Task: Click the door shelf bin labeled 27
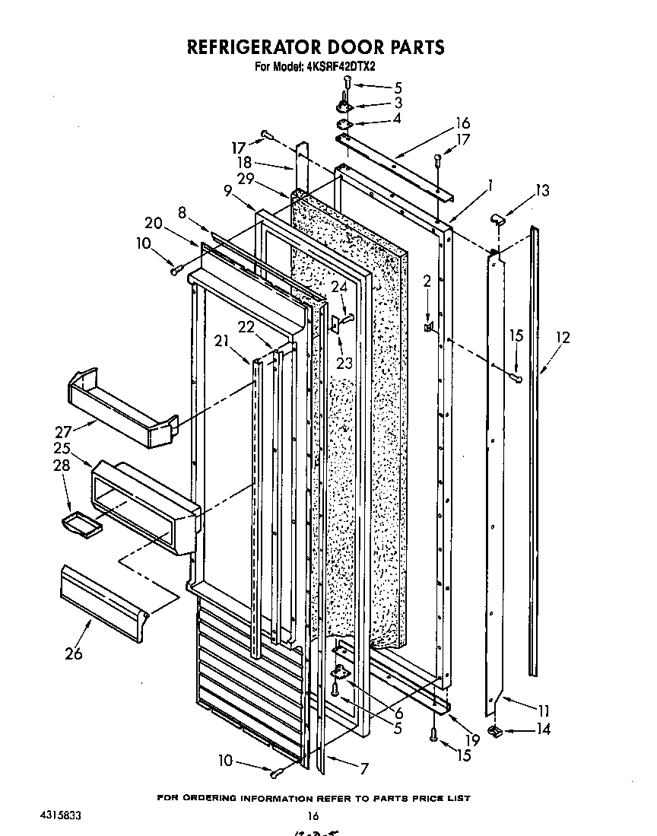point(122,407)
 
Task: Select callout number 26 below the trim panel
point(73,653)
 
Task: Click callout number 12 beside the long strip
point(562,335)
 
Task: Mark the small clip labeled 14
point(495,731)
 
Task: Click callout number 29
point(246,179)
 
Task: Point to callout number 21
point(221,342)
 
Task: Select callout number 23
point(344,363)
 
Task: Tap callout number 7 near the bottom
point(363,768)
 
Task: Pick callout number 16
point(462,123)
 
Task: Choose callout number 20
point(153,222)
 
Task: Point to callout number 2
point(427,281)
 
